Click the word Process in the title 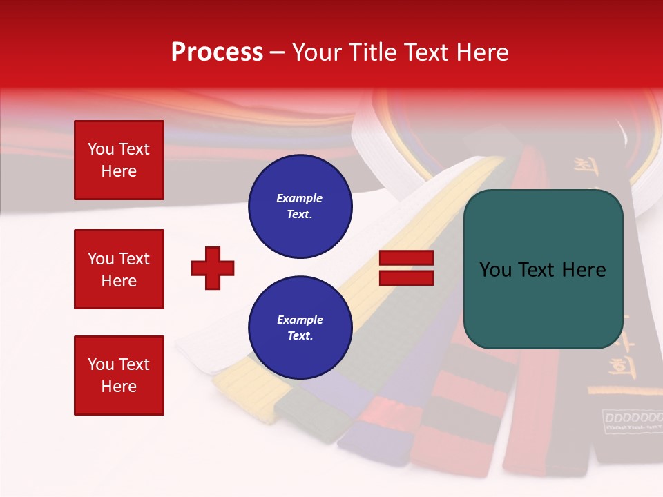217,52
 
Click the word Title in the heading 369,52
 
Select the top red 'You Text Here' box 119,160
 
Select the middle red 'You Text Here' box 119,269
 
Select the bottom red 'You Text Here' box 119,376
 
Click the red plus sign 213,268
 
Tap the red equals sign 407,268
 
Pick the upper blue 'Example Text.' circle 300,206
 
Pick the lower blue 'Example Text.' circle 300,328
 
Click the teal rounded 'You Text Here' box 543,269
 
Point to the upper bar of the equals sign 407,258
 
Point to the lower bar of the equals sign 407,277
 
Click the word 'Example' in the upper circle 300,199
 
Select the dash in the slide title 278,52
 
